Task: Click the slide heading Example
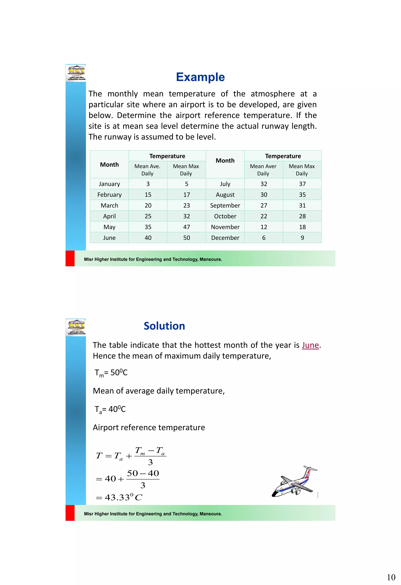click(x=200, y=77)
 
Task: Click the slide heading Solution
click(x=164, y=326)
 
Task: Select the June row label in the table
click(x=109, y=238)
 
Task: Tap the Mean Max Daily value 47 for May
click(x=187, y=227)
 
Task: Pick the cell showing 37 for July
click(x=302, y=184)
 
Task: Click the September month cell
click(x=225, y=206)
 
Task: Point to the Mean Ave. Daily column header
click(x=147, y=170)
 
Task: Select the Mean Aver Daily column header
click(x=263, y=170)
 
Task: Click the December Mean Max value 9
click(x=302, y=238)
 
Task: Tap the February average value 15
click(x=148, y=195)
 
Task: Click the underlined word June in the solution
click(x=310, y=345)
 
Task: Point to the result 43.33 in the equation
click(x=117, y=497)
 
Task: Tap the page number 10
click(x=391, y=577)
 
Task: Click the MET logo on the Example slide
click(x=76, y=73)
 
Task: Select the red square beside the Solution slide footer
click(x=70, y=513)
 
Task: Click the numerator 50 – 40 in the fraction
click(x=143, y=474)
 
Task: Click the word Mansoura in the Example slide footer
click(x=210, y=260)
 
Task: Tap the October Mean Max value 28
click(x=302, y=217)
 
